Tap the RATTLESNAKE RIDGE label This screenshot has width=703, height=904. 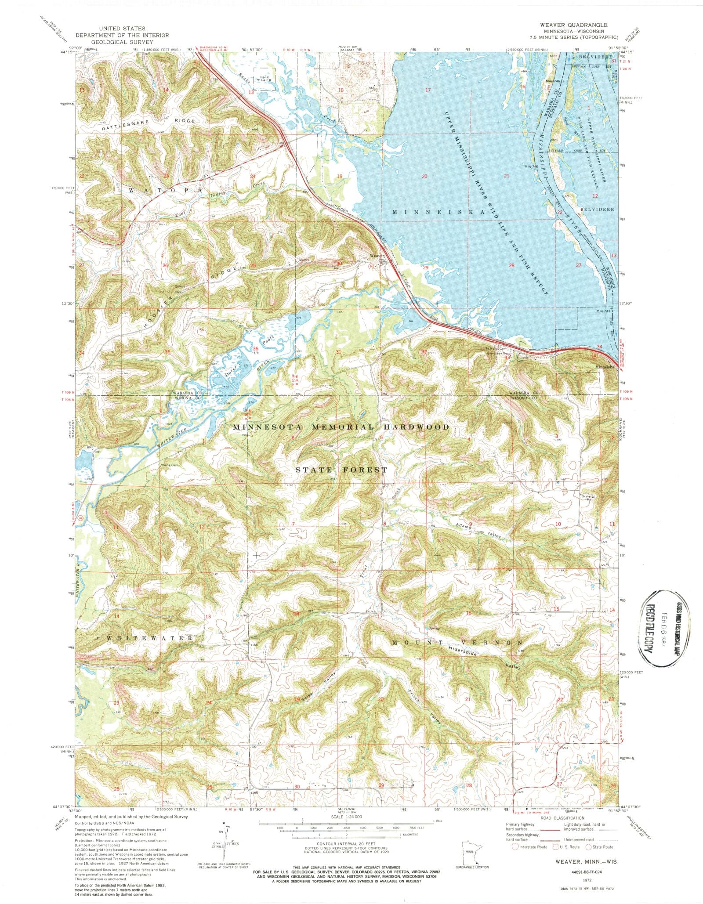[148, 124]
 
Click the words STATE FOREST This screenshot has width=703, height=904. [341, 470]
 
